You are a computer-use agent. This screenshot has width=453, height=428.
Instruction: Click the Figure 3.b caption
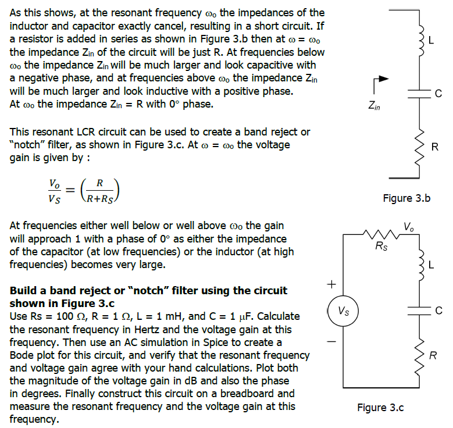pyautogui.click(x=406, y=198)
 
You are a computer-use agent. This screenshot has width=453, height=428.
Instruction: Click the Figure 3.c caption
pyautogui.click(x=380, y=407)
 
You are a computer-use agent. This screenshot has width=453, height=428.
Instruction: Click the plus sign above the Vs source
pyautogui.click(x=331, y=284)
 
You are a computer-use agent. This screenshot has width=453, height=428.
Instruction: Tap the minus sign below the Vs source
pyautogui.click(x=331, y=341)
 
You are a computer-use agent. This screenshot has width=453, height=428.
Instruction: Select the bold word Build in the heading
pyautogui.click(x=23, y=290)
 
